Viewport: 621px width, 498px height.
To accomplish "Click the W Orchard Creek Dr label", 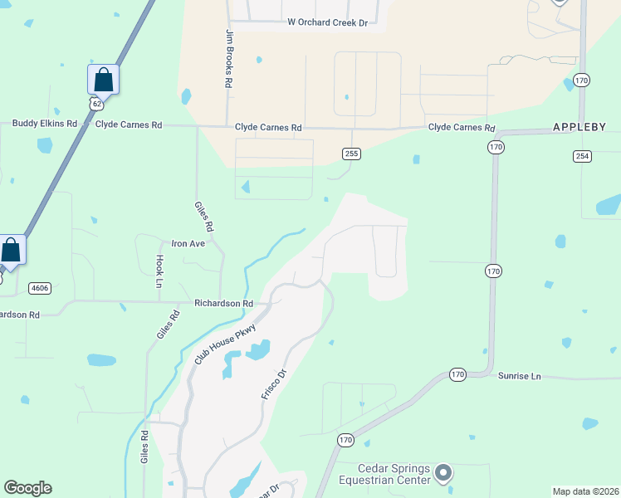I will [x=327, y=22].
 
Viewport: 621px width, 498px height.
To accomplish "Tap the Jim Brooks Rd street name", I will [x=229, y=60].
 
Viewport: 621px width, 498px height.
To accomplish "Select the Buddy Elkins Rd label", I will [x=44, y=124].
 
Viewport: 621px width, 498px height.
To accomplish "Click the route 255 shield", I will [x=352, y=154].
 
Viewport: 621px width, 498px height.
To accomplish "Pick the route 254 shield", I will [x=581, y=156].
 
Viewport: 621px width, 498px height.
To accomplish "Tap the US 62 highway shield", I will [x=97, y=103].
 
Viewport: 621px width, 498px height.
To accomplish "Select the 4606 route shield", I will [x=39, y=288].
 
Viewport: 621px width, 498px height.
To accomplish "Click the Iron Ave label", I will [x=188, y=244].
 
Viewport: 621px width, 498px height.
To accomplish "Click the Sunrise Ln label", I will [x=519, y=376].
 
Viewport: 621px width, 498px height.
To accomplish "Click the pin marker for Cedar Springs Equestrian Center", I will [x=443, y=473].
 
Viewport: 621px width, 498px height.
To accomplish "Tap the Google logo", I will [x=27, y=488].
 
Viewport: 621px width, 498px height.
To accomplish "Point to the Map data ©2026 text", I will [x=585, y=491].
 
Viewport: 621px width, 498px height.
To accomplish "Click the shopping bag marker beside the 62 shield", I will [x=103, y=80].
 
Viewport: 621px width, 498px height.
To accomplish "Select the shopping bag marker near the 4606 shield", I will [x=11, y=250].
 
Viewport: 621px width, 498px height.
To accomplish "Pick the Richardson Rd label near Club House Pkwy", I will [x=223, y=304].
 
